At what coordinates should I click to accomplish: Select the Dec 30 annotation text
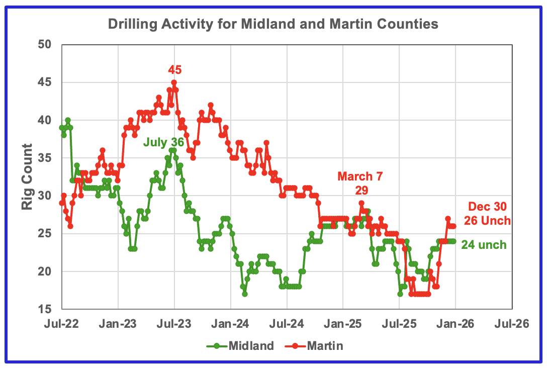(x=487, y=206)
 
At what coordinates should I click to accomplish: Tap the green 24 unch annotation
(x=485, y=245)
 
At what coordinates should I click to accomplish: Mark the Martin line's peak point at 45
(x=174, y=82)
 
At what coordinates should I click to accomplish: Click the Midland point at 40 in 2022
(x=68, y=120)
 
